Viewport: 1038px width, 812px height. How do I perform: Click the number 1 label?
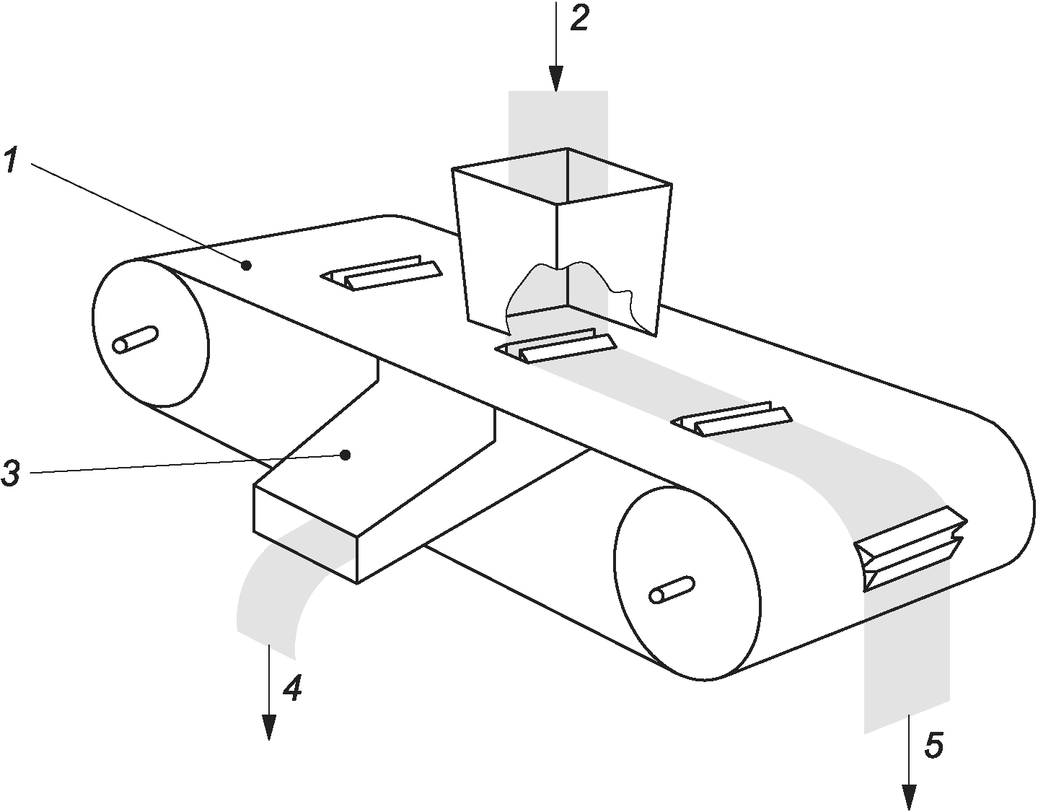(11, 160)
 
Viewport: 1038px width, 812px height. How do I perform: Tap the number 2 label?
(579, 18)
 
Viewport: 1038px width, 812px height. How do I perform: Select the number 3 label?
(11, 473)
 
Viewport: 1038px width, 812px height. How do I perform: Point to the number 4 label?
(292, 688)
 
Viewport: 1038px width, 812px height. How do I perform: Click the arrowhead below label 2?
(556, 79)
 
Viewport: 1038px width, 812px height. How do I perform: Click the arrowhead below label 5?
(909, 798)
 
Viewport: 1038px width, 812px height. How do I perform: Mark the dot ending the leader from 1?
(246, 265)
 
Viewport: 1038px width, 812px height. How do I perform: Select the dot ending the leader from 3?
(346, 455)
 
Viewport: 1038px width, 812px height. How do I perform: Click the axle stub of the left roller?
(135, 340)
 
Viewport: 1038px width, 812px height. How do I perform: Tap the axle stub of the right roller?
(671, 590)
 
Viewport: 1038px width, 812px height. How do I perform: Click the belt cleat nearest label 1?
(381, 273)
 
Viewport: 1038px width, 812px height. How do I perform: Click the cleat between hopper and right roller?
(731, 418)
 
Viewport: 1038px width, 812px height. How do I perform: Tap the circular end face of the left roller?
(151, 333)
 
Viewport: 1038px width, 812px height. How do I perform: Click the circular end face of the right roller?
(687, 582)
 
